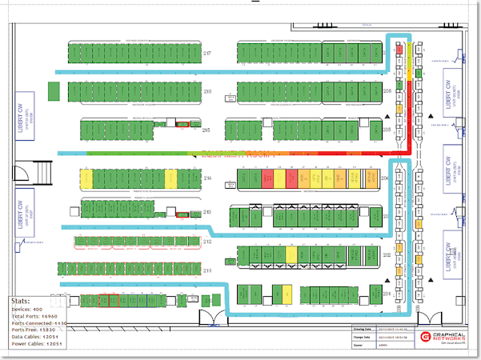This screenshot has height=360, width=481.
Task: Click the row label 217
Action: point(206,53)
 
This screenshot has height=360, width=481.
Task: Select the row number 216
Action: point(206,92)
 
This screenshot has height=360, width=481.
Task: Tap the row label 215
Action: point(206,130)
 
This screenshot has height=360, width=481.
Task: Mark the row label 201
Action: point(387,296)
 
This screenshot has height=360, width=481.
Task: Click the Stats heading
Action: point(19,302)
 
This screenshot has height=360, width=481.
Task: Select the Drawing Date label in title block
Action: point(363,328)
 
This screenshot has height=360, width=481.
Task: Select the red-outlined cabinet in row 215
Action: point(182,125)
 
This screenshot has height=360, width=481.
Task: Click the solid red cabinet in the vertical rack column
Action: point(399,50)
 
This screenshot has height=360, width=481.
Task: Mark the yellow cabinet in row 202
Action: point(291,254)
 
